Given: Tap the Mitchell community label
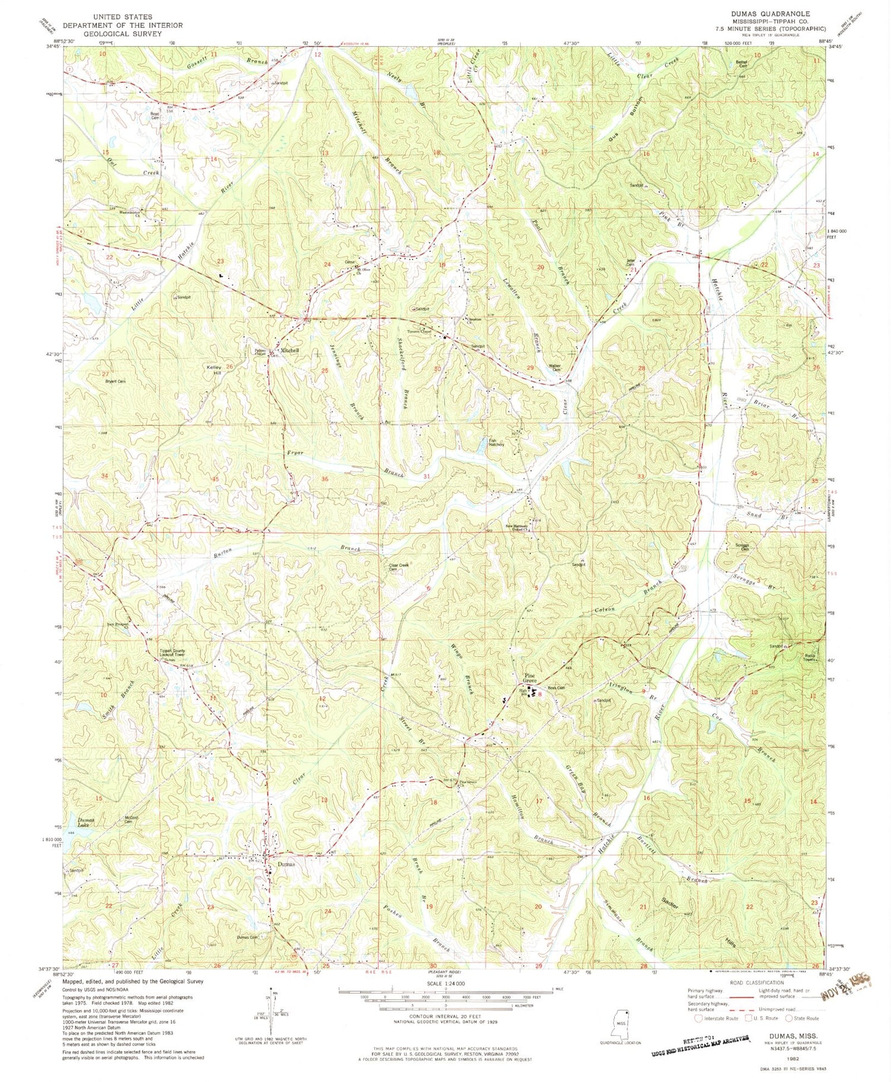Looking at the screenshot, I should point(289,351).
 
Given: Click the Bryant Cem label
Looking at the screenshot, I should point(115,381).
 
